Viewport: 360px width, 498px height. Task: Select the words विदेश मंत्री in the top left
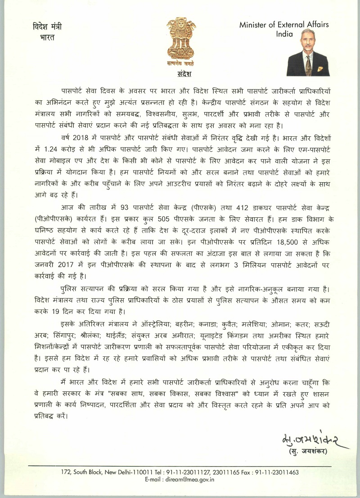47,27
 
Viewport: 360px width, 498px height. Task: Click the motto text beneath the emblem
180,63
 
